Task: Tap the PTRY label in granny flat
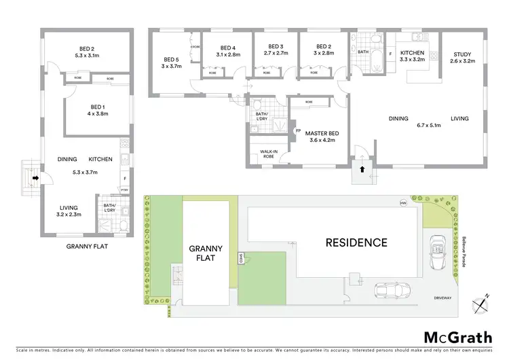124,190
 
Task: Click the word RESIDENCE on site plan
356,242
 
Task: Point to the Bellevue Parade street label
466,251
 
